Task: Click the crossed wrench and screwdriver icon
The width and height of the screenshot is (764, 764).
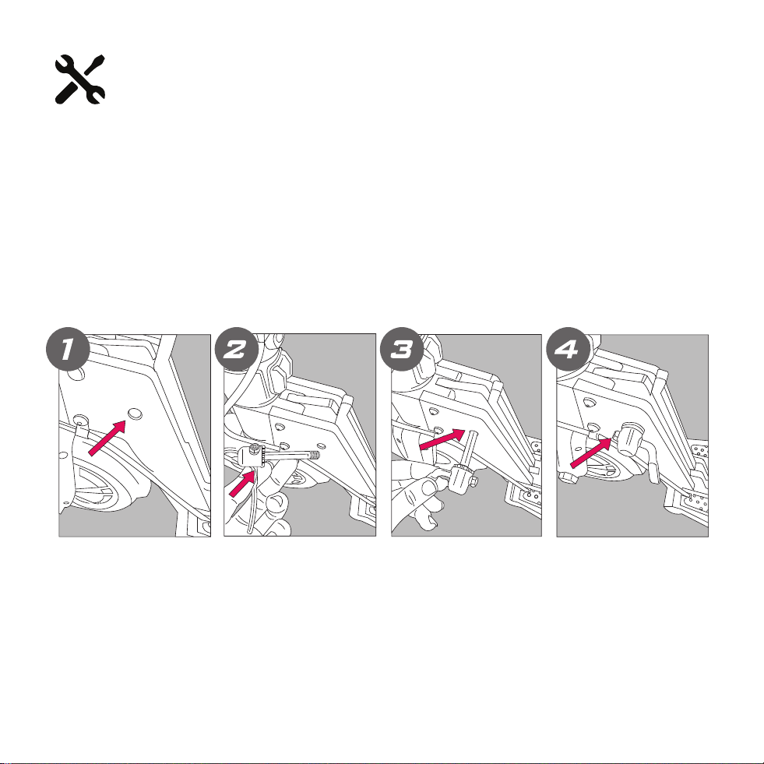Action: pyautogui.click(x=79, y=79)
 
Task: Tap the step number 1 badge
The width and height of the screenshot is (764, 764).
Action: pyautogui.click(x=68, y=350)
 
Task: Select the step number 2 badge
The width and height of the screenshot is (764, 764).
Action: pyautogui.click(x=236, y=350)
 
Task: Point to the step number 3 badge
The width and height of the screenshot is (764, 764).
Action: pyautogui.click(x=403, y=350)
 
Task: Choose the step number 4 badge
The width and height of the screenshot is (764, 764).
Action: pyautogui.click(x=568, y=350)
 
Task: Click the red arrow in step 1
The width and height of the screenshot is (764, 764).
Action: pyautogui.click(x=107, y=438)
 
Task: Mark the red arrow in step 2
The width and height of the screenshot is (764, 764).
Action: pyautogui.click(x=242, y=483)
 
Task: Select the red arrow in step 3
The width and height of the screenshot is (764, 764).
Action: pyautogui.click(x=442, y=439)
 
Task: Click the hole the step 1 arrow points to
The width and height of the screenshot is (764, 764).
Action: pyautogui.click(x=135, y=414)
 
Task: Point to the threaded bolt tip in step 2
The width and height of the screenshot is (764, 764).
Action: pyautogui.click(x=315, y=456)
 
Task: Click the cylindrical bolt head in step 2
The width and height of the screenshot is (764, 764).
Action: pyautogui.click(x=254, y=456)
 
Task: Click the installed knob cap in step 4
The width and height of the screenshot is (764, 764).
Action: pyautogui.click(x=631, y=438)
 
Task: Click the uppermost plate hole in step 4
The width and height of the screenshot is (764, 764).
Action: pyautogui.click(x=590, y=403)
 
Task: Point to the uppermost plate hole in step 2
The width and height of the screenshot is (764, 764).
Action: pyautogui.click(x=279, y=427)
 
